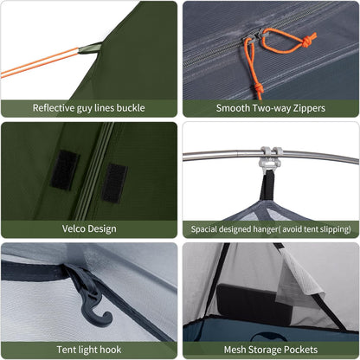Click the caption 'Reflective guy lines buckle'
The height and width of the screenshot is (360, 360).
click(x=89, y=108)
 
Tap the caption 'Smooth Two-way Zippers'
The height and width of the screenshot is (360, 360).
click(x=270, y=108)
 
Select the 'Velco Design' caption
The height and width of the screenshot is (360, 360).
click(x=89, y=228)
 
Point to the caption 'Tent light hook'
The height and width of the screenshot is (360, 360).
click(x=89, y=350)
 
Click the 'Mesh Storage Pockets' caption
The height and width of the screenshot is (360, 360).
click(x=270, y=350)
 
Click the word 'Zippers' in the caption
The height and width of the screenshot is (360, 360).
click(x=305, y=108)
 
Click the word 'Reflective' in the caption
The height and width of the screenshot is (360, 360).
click(x=57, y=108)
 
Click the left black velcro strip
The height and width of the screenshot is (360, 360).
click(x=64, y=169)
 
